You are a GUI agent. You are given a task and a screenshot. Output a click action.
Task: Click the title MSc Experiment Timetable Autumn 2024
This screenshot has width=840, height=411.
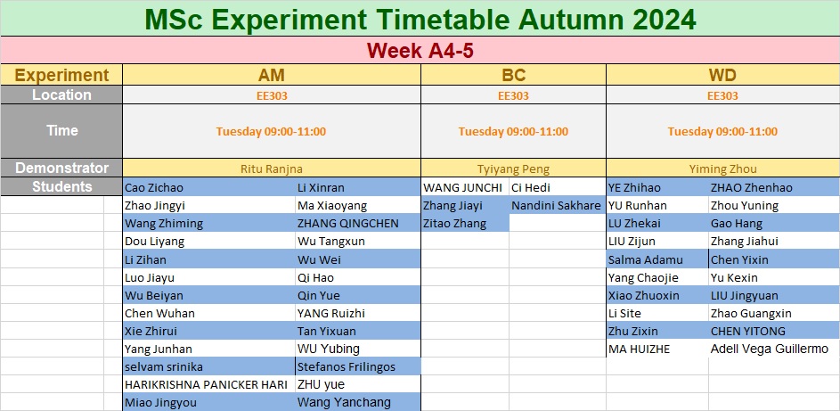pos(420,20)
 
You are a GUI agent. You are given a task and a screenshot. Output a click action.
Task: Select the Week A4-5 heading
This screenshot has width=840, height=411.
pos(420,51)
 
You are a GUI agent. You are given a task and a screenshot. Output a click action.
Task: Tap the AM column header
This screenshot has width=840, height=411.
pos(272,75)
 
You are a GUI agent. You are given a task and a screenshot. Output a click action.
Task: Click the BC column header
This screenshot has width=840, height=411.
pos(513,75)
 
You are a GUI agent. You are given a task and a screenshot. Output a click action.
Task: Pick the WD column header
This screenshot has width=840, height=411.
pos(722,75)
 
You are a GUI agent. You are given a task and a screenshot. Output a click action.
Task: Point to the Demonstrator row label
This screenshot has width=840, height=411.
pos(61,168)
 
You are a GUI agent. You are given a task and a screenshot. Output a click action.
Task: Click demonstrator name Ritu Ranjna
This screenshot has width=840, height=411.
pos(272,169)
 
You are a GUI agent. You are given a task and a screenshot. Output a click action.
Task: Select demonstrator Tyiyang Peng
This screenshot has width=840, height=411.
pos(513,169)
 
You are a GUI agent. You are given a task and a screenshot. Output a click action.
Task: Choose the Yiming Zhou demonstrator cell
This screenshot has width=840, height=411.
pos(722,169)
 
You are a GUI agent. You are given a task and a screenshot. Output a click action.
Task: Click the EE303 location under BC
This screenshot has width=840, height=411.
pos(513,96)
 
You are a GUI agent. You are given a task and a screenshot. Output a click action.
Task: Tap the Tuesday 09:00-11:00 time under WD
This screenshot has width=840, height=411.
pos(722,131)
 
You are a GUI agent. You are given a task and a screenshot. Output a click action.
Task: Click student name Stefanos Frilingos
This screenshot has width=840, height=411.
pos(347,366)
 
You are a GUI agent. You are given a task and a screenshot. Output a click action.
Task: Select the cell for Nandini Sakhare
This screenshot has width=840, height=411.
pos(556,205)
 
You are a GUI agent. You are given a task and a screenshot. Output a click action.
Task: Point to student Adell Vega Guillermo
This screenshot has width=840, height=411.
pos(770,349)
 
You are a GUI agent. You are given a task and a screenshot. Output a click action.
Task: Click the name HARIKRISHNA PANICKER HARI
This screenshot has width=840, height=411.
pos(206,384)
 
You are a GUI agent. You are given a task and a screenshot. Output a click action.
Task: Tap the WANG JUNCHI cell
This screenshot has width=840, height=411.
pos(463,187)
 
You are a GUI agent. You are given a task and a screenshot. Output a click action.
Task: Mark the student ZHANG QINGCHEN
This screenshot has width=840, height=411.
pos(348,224)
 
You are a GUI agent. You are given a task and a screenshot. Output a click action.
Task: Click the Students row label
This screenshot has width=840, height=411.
pos(61,186)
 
